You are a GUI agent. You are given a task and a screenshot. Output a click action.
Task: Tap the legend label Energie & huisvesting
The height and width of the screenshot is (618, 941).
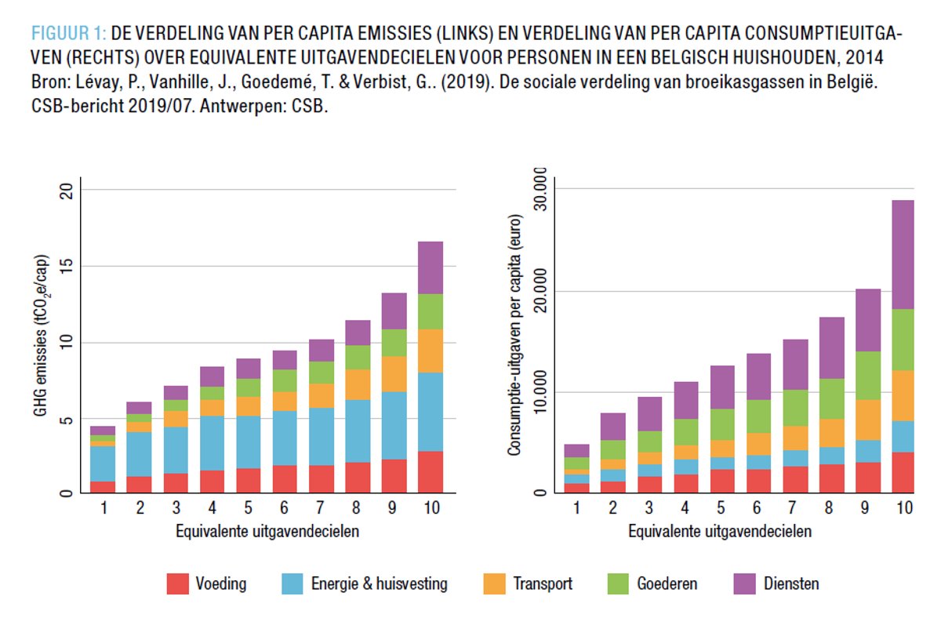[x=380, y=583]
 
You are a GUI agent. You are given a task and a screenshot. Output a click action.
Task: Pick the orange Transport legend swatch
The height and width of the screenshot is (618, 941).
[x=496, y=583]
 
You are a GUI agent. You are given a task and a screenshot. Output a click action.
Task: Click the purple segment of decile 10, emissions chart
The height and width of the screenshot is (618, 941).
[x=431, y=267]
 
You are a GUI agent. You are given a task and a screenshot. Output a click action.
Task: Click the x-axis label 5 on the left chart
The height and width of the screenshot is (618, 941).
[x=249, y=511]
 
